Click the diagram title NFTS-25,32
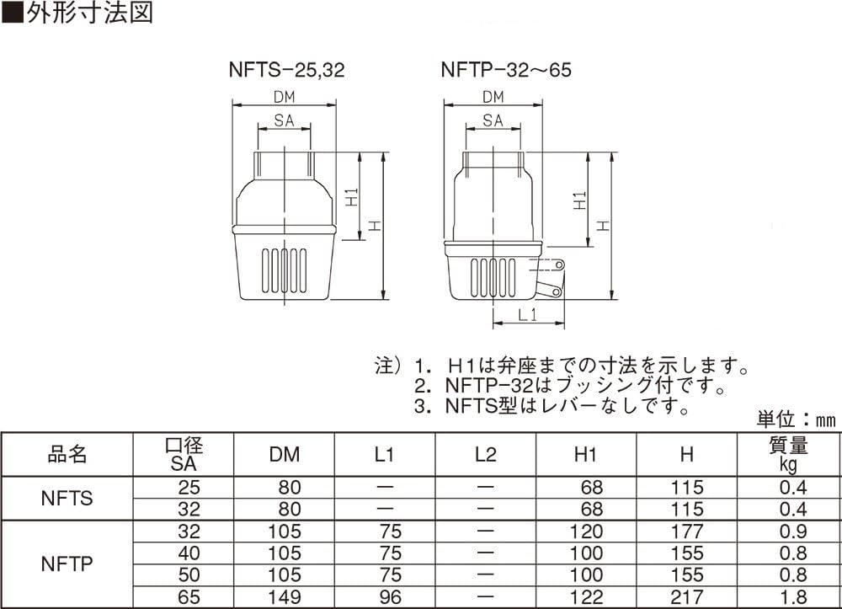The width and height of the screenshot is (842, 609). [286, 70]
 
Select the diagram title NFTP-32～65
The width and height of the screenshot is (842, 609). [505, 70]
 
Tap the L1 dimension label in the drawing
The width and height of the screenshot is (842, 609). [527, 315]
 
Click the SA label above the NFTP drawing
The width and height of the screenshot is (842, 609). [493, 121]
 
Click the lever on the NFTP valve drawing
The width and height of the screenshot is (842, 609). [552, 278]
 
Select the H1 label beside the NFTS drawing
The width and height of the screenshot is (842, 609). [353, 199]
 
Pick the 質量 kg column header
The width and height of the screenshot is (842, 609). [788, 454]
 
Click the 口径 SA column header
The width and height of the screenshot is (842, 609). [184, 454]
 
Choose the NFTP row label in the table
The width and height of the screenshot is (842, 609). [67, 564]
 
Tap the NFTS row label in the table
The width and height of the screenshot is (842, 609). [67, 499]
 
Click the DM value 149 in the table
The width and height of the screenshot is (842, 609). [285, 598]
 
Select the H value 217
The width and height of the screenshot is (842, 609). [687, 598]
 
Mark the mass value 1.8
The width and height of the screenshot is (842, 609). [793, 598]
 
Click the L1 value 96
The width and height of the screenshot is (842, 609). [390, 598]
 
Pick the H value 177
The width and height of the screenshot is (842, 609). [687, 532]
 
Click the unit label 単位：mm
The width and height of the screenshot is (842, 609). [796, 419]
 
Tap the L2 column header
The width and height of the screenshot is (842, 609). [485, 455]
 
